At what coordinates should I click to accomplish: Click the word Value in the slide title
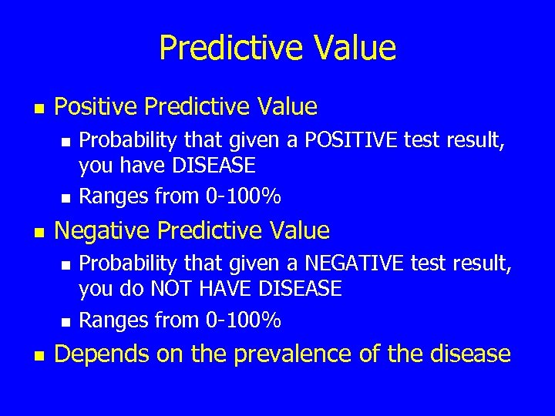(x=355, y=48)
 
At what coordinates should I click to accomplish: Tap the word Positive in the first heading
(x=96, y=106)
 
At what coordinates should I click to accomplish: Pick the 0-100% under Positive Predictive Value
(x=244, y=196)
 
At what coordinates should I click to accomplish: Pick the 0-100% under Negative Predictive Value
(x=244, y=320)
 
